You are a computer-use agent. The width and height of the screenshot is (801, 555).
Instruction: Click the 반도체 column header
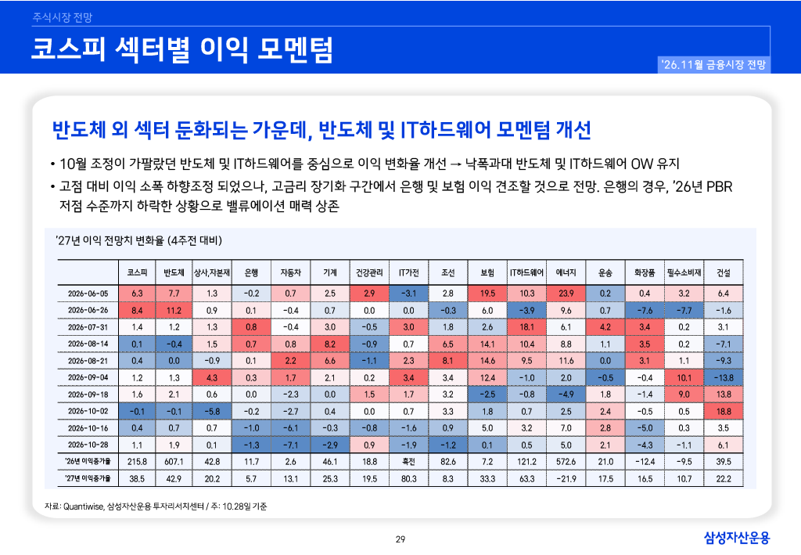(x=174, y=273)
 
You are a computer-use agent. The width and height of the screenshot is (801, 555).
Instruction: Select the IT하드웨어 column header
(x=526, y=273)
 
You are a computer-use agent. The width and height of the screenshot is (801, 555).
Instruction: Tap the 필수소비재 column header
(x=684, y=273)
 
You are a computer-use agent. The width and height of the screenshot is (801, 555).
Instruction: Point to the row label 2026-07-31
(x=88, y=327)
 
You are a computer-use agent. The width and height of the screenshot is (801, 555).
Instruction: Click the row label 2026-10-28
(x=88, y=445)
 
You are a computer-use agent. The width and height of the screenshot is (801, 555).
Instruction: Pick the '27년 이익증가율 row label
(x=88, y=479)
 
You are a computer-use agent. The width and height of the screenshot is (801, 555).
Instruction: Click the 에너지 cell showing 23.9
(x=566, y=294)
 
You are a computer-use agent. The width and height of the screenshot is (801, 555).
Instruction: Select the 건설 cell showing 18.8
(x=724, y=412)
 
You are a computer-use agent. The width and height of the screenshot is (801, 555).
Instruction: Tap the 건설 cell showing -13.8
(x=724, y=377)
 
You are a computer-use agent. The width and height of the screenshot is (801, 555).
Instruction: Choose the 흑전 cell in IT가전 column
(x=408, y=462)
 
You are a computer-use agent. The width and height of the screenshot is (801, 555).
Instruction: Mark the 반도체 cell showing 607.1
(x=174, y=462)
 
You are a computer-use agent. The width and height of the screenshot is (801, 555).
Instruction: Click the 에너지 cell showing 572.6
(x=566, y=462)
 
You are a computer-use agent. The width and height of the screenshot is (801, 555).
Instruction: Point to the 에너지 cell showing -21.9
(x=566, y=479)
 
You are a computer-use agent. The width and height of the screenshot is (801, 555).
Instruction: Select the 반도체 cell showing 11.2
(x=174, y=310)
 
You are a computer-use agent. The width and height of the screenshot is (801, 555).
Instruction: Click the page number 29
(x=400, y=539)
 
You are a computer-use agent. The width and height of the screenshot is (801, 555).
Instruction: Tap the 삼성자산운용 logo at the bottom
(x=737, y=538)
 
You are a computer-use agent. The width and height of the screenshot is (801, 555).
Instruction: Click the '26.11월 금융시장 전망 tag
(x=713, y=64)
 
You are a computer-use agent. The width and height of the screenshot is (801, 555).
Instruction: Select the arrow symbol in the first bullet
(x=456, y=164)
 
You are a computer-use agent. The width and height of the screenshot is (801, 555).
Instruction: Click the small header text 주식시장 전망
(x=63, y=17)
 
